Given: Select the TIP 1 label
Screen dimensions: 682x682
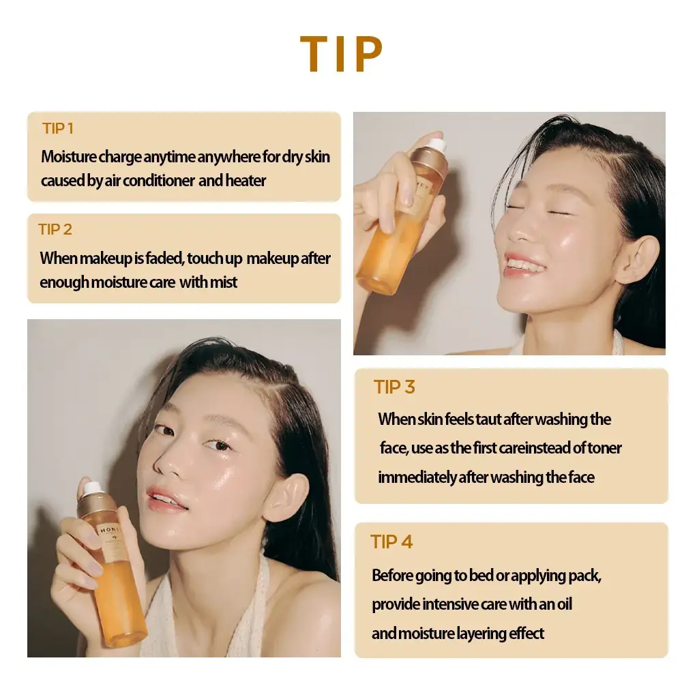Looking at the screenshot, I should coord(57,128).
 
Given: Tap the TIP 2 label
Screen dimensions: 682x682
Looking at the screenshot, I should coord(55,230).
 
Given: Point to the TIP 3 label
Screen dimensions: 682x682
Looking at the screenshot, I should coord(394,387).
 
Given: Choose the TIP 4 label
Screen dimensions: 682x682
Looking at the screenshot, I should coord(391,542).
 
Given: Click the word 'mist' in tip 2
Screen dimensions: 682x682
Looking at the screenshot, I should coord(224,282).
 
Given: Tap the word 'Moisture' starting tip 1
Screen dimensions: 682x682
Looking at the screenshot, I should coord(68,157).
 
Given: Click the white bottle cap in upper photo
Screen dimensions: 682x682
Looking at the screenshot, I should coord(436,145).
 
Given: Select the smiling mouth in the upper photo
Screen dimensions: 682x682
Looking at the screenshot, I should coord(526,264).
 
